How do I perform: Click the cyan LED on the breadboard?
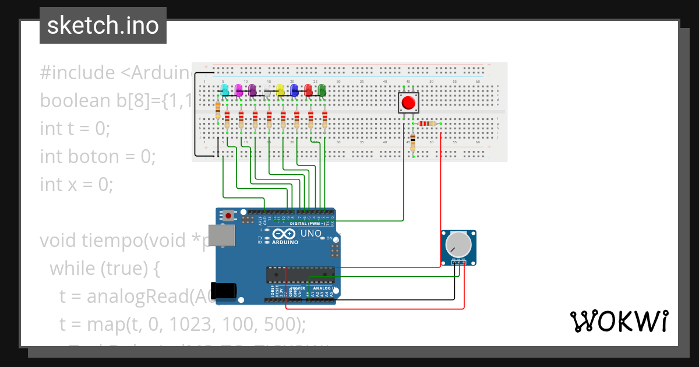tap(224, 89)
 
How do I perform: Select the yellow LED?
tap(280, 89)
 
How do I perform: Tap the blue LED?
tap(294, 89)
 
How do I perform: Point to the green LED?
tap(322, 89)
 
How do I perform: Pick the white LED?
tap(267, 89)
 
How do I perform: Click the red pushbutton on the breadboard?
tap(408, 103)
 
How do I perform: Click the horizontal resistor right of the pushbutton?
tap(427, 123)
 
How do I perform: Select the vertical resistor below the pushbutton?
tap(413, 141)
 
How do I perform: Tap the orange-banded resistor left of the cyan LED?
tap(218, 109)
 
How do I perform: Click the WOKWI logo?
tap(619, 321)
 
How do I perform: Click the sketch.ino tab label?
tap(103, 26)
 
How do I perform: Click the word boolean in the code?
tap(75, 100)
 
